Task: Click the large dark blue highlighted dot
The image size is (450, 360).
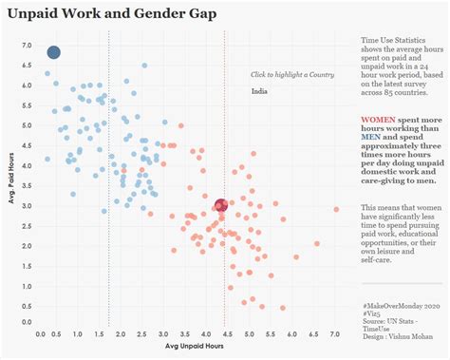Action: point(54,51)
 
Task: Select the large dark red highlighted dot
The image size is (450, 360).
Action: point(221,205)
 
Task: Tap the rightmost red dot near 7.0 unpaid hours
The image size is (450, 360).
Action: point(336,209)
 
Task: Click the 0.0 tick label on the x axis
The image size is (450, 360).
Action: point(41,335)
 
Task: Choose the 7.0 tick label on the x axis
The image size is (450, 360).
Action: point(334,335)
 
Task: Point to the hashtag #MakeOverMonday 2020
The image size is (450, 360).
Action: point(401,305)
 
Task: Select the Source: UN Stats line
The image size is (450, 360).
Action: point(390,320)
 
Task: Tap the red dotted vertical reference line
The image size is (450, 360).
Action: point(224,114)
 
